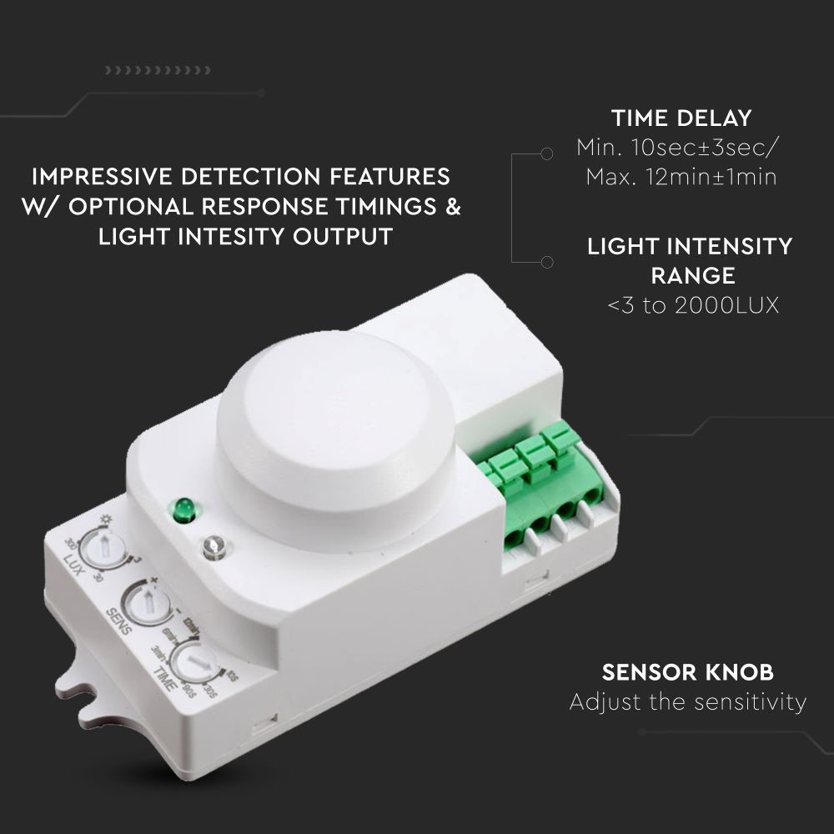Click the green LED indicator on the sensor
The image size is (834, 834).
click(x=183, y=509)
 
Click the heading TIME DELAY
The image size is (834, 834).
click(x=681, y=118)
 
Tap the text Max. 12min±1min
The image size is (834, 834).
click(x=681, y=177)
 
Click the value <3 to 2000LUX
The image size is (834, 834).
click(x=693, y=305)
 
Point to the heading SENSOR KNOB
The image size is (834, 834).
click(x=687, y=672)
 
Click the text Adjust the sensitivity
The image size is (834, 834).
click(x=687, y=702)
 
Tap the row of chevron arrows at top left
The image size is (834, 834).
click(x=158, y=70)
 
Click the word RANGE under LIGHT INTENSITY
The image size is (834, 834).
click(x=692, y=275)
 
